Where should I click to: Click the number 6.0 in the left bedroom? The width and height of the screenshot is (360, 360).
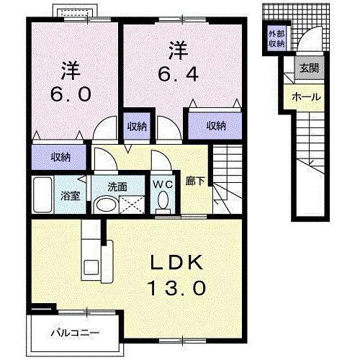click(70, 95)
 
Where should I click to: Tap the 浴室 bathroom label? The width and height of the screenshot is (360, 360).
click(69, 195)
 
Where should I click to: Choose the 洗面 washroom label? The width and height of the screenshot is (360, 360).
click(117, 186)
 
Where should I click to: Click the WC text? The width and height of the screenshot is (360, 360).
click(162, 183)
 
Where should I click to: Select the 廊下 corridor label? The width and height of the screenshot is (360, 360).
click(194, 182)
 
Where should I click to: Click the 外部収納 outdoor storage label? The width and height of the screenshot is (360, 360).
click(276, 39)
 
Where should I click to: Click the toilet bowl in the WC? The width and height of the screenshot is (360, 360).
click(163, 199)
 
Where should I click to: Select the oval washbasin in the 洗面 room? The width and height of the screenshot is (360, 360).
click(105, 202)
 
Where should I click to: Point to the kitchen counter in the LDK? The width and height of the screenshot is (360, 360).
click(92, 252)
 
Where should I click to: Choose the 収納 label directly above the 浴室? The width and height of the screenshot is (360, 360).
click(60, 156)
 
